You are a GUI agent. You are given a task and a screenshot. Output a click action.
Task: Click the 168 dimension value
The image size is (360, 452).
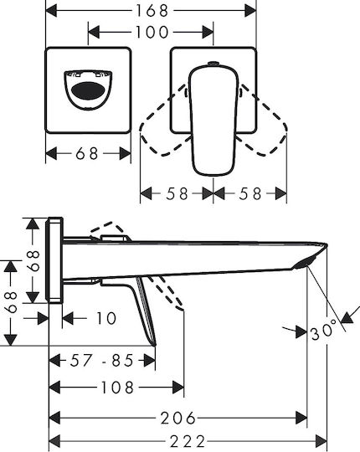(152, 11)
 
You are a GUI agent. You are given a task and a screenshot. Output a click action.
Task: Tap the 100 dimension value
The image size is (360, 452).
(152, 32)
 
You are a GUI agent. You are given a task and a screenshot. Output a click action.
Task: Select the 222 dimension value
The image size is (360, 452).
(188, 442)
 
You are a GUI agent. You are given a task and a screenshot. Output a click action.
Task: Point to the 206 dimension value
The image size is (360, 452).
(177, 418)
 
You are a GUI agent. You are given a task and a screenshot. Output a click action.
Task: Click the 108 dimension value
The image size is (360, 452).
(117, 388)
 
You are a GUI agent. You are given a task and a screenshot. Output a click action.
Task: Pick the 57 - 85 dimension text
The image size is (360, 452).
(102, 360)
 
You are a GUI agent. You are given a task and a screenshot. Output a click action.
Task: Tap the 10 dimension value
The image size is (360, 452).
(105, 318)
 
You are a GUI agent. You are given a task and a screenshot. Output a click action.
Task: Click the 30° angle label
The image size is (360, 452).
(324, 331)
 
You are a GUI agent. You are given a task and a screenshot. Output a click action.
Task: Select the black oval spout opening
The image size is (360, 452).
(88, 90)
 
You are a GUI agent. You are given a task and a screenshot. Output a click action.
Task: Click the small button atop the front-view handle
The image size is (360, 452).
(213, 63)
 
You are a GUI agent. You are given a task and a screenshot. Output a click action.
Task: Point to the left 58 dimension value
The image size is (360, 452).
(177, 193)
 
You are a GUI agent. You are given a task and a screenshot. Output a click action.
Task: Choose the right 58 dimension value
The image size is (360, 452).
(249, 193)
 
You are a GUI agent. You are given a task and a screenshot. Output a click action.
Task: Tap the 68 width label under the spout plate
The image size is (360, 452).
(87, 153)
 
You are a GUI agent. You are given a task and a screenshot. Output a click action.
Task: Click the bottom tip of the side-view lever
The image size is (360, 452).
(154, 344)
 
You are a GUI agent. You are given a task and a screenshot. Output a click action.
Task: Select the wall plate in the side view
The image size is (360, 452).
(55, 260)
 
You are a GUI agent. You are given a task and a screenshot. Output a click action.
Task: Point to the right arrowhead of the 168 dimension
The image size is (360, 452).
(250, 11)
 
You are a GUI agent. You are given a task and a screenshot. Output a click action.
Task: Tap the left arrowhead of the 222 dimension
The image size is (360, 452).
(54, 442)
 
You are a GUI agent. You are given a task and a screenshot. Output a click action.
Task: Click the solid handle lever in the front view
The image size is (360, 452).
(213, 121)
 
